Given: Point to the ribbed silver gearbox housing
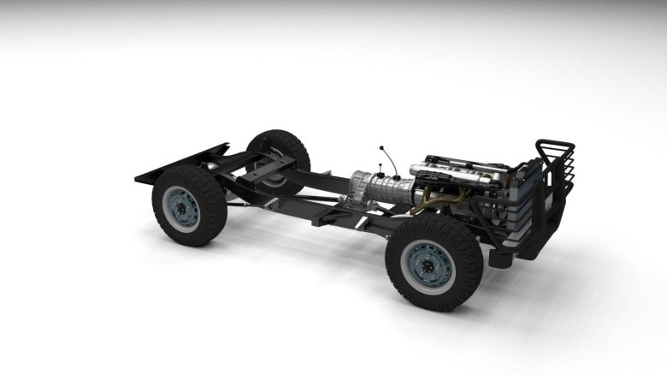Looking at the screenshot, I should tap(377, 186).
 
